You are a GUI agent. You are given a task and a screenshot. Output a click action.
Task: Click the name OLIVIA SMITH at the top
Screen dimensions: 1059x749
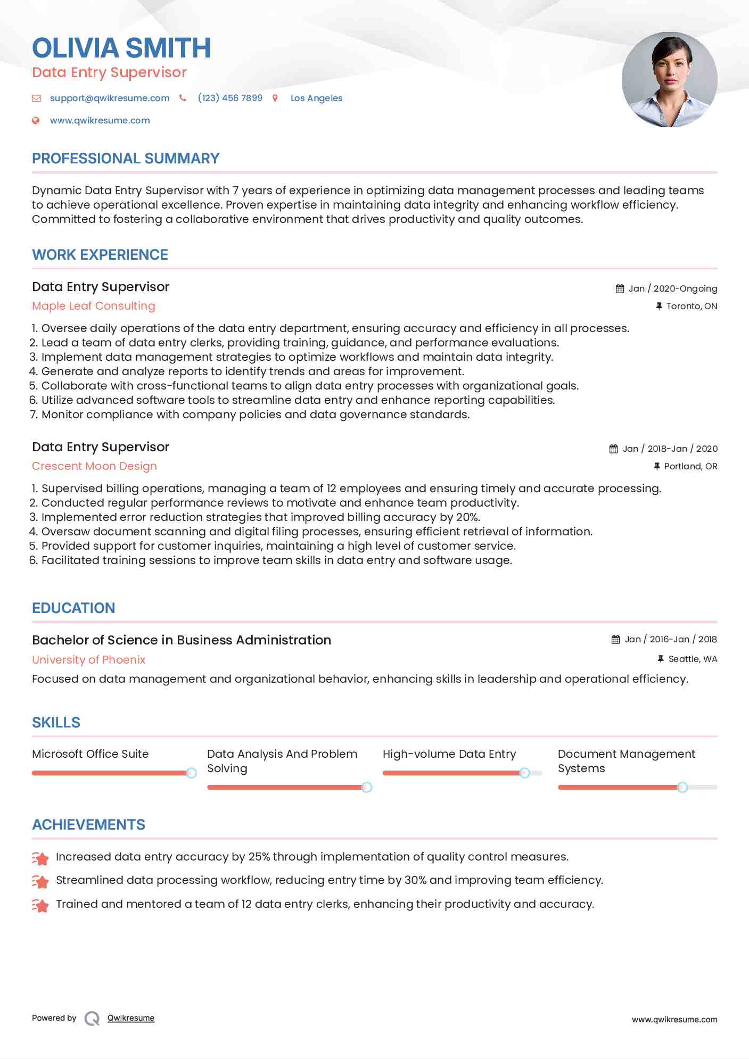pos(121,48)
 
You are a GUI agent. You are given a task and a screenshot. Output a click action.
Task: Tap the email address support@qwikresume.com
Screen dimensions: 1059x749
pos(110,98)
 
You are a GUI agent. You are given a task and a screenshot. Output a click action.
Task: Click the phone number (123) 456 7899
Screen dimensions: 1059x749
pos(229,98)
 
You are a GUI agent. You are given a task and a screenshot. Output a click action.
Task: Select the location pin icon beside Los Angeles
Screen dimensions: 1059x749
pos(275,98)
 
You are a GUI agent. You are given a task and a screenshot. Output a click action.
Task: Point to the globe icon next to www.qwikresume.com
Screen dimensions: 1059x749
pos(36,121)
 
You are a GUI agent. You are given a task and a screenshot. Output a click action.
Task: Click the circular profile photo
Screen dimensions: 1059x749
pos(669,80)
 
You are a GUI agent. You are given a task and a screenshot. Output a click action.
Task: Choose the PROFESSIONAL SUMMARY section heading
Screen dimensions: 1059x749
pos(126,159)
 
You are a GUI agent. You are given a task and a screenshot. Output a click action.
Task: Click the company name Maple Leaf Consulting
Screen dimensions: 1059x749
pos(94,306)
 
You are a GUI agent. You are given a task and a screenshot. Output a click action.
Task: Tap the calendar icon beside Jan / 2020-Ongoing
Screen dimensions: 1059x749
pos(620,288)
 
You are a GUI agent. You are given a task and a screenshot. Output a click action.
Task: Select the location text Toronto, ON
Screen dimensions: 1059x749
pos(692,306)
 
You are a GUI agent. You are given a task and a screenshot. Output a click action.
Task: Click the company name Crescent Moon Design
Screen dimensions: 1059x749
pos(94,466)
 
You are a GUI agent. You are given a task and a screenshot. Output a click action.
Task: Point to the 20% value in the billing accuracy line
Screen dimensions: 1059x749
pos(468,517)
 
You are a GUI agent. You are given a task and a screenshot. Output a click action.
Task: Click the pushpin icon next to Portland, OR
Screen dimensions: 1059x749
pos(657,466)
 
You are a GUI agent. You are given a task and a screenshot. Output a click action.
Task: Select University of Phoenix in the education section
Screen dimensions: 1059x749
pos(88,660)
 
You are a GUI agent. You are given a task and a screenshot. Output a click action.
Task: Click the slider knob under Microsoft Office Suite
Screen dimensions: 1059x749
pos(191,773)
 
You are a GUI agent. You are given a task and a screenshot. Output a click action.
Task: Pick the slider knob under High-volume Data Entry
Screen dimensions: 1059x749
pos(524,773)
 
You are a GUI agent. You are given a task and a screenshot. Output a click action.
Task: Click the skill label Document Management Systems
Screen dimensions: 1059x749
pos(626,761)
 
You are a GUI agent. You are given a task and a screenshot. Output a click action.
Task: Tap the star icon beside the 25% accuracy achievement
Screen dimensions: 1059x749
pos(40,858)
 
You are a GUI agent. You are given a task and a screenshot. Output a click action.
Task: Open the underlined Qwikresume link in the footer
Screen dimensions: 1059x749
pos(131,1018)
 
